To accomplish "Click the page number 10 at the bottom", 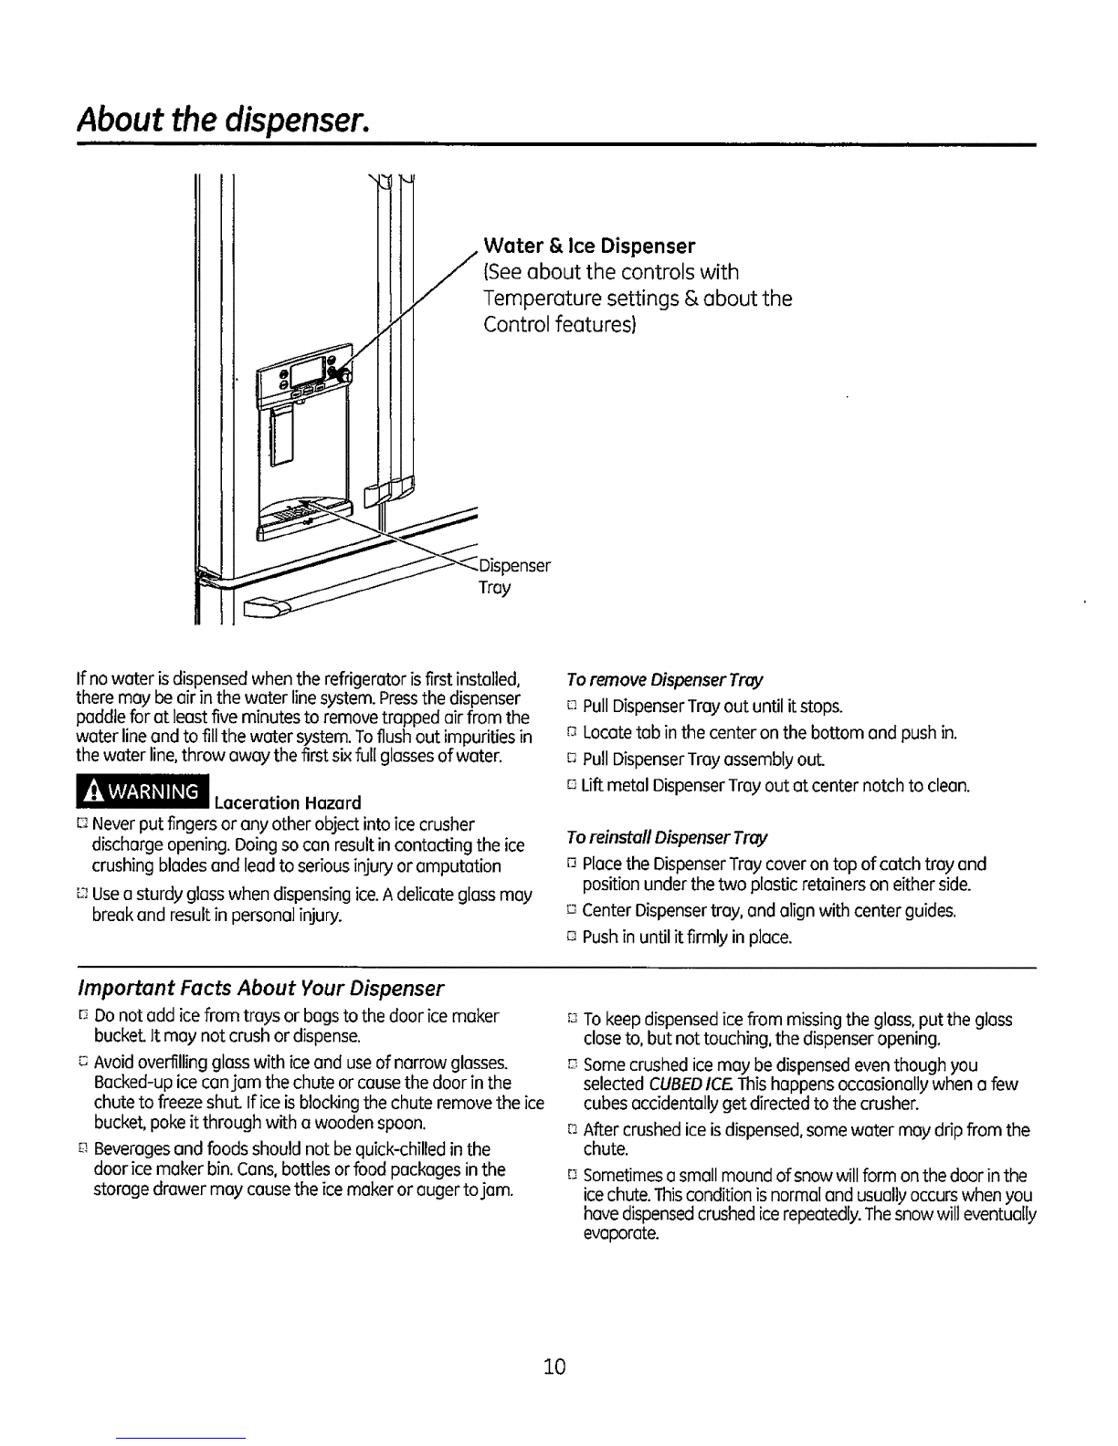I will [554, 1367].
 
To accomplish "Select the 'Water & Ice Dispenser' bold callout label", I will [589, 246].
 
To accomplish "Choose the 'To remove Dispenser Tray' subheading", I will [664, 680].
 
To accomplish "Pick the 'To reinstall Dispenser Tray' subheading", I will [667, 837].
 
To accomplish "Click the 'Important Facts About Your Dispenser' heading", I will [262, 989].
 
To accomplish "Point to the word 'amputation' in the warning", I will [461, 866].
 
